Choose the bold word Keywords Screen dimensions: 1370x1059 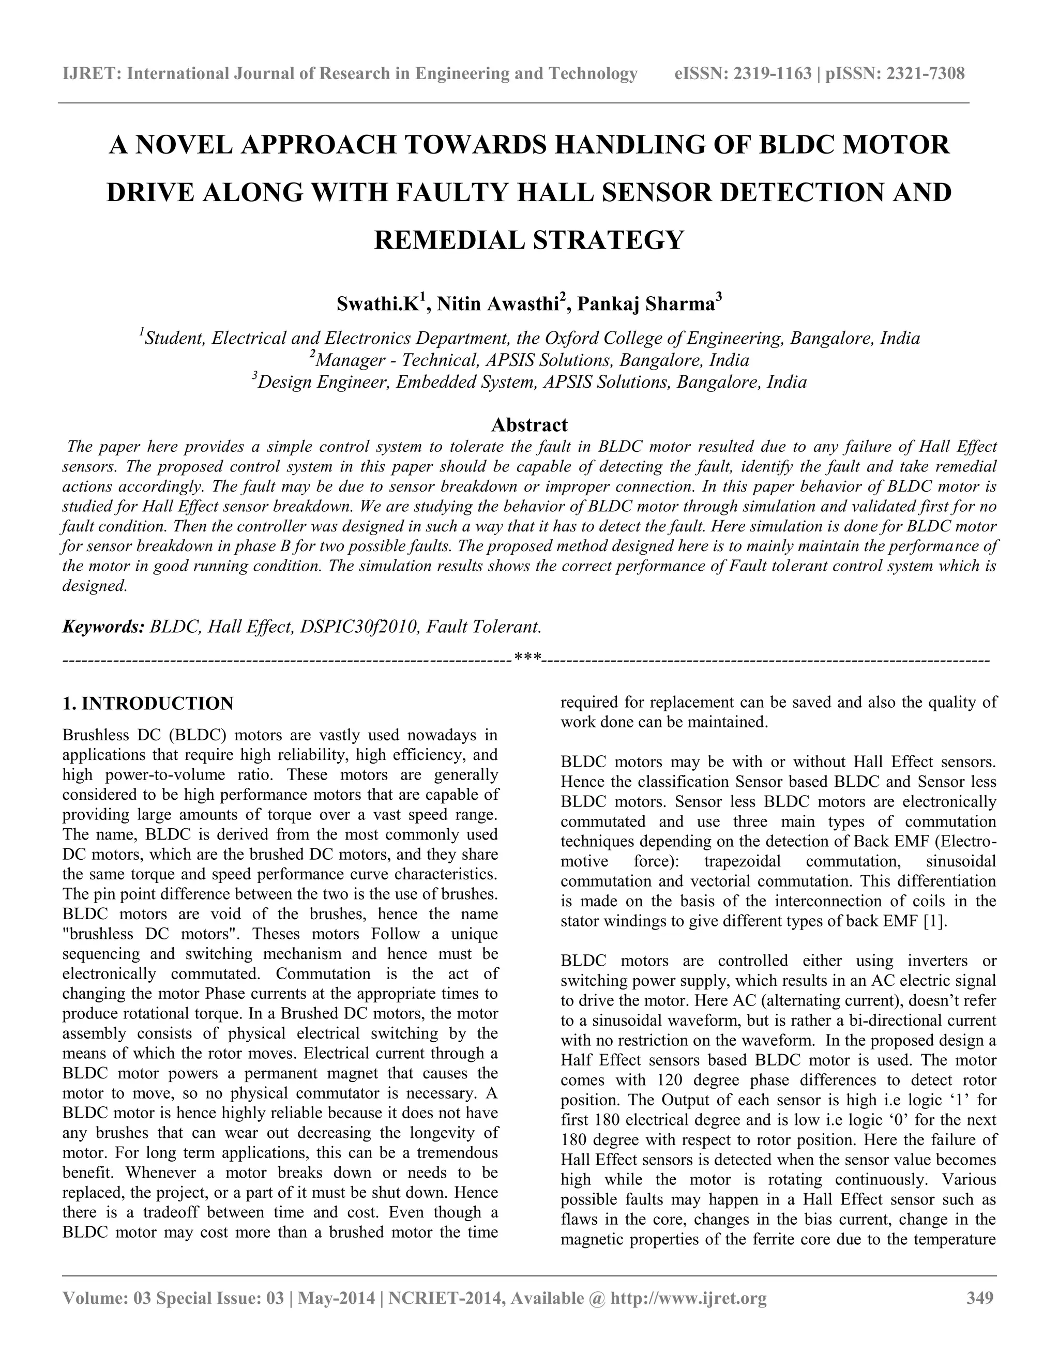click(103, 627)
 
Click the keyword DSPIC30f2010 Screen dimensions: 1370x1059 click(359, 627)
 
